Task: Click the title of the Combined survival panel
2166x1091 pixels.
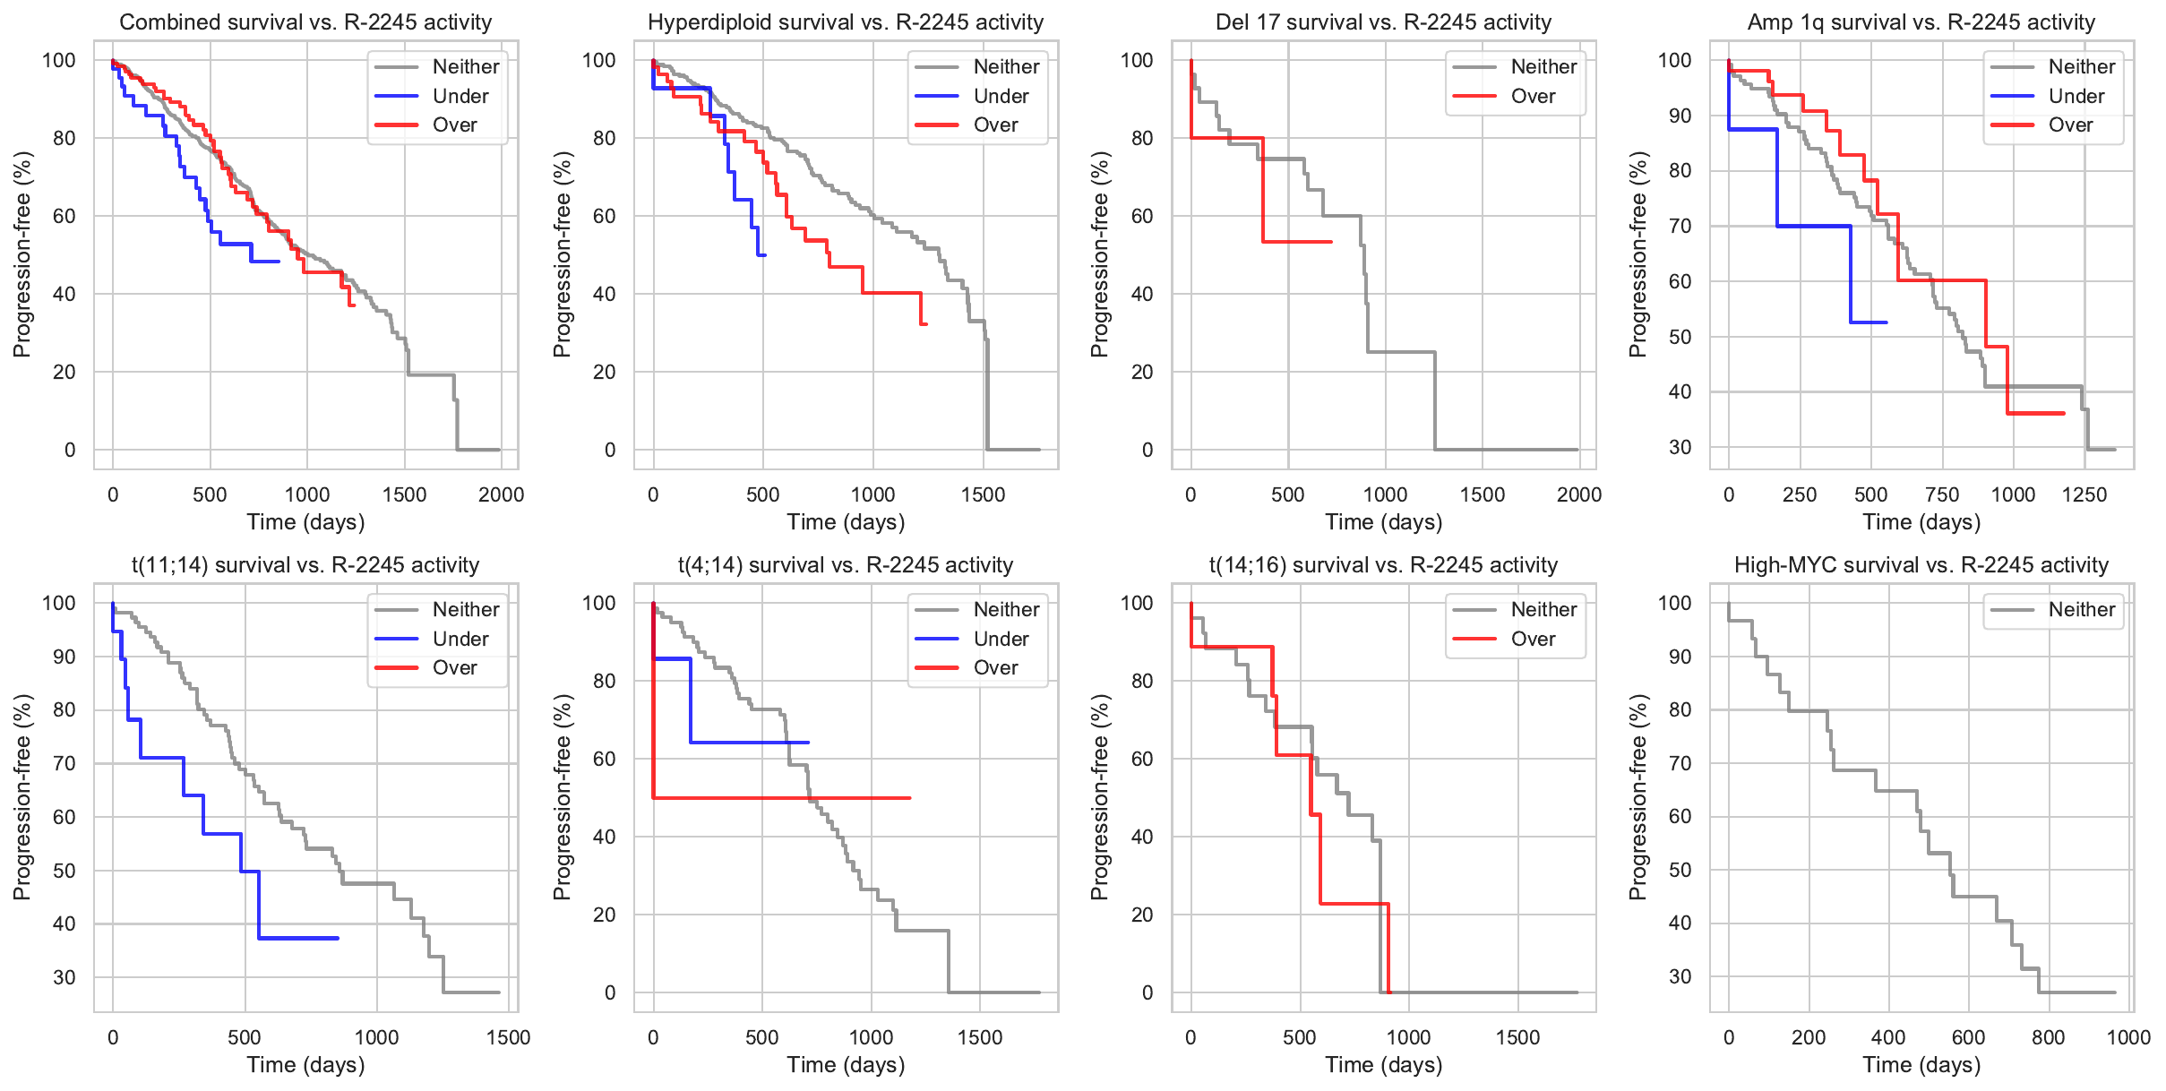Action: coord(305,21)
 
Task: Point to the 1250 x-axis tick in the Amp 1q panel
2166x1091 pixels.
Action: coord(2084,494)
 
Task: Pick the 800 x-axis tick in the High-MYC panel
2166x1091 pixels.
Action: coord(2048,1037)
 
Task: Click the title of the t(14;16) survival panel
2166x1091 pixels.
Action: coord(1383,564)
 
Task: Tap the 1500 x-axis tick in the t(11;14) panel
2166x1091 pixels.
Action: coord(508,1037)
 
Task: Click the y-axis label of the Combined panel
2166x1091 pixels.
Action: coord(21,254)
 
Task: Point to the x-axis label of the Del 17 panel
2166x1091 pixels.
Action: coord(1383,521)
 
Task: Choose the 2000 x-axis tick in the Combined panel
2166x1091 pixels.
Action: coord(501,494)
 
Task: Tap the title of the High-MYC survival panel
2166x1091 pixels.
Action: coord(1921,564)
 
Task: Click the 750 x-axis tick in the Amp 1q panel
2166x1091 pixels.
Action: coord(1942,494)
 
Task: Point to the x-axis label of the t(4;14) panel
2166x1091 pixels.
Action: coord(846,1064)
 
